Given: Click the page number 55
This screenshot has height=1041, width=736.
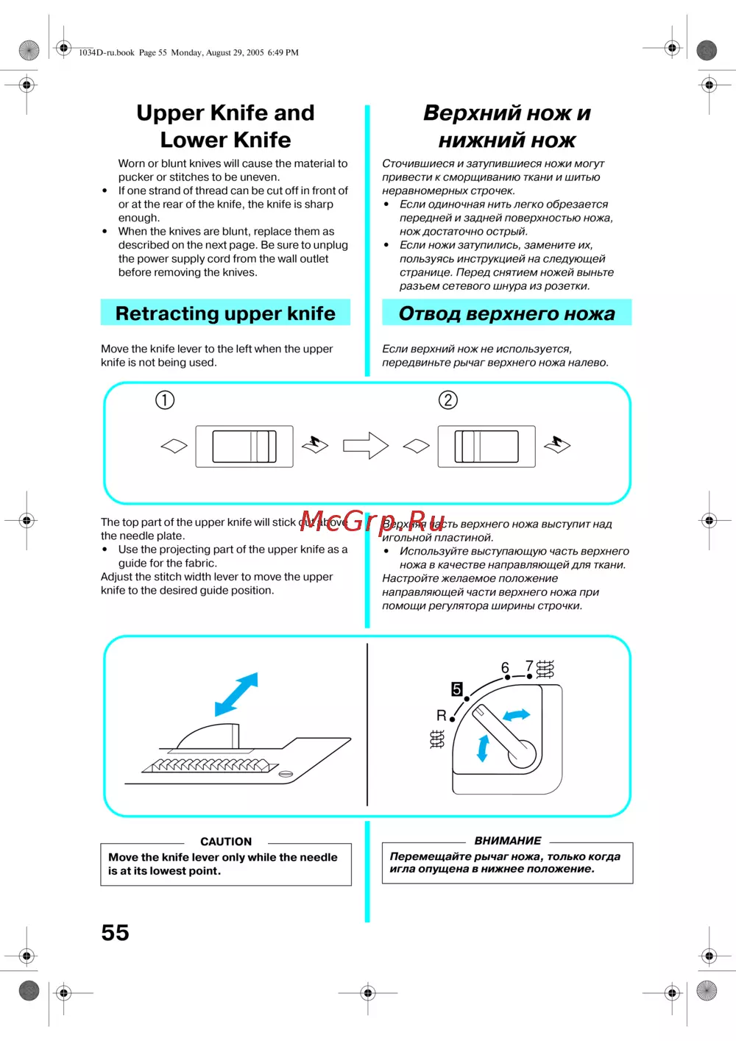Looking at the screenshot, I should tap(115, 932).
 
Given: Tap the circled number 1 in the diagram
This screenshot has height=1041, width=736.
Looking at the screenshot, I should tap(165, 399).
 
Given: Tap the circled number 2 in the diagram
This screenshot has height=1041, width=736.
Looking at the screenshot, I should tap(447, 399).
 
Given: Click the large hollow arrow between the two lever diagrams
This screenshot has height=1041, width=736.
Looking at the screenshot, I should tap(366, 445).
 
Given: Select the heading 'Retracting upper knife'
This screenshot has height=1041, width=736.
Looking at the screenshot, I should tap(225, 313).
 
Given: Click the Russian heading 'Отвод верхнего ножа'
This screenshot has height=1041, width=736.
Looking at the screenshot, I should tap(506, 313).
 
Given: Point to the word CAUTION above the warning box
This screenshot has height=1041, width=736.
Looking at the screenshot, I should tap(226, 842).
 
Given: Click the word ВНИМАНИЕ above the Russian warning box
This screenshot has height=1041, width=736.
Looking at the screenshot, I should tap(508, 840).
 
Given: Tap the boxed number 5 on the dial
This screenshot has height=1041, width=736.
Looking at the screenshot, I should tap(457, 689).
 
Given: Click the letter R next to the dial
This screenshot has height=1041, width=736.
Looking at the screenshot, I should tap(442, 715).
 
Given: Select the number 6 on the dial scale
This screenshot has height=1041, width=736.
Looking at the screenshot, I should tap(505, 667).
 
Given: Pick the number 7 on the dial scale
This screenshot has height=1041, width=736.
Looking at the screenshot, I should tap(528, 665).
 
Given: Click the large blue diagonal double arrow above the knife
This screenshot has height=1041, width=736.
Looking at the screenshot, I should tap(236, 694).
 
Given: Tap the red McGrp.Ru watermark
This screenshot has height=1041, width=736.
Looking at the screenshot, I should tap(372, 521).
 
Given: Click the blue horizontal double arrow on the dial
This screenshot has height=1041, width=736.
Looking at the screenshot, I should tap(516, 714).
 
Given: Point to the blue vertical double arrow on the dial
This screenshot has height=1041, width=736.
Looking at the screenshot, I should tap(483, 747).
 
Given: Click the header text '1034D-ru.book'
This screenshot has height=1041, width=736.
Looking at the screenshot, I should tap(107, 52).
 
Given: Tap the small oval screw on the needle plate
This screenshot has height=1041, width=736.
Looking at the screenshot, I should tap(286, 774).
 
